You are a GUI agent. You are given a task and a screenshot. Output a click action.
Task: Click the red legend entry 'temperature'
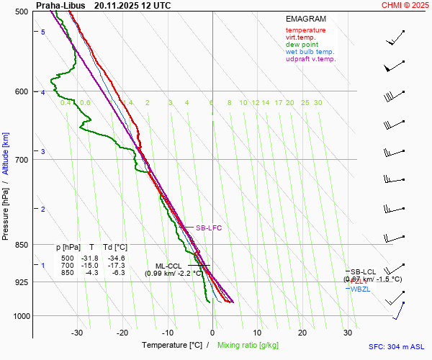pyautogui.click(x=305, y=30)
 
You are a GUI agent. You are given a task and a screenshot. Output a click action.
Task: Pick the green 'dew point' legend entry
pyautogui.click(x=302, y=45)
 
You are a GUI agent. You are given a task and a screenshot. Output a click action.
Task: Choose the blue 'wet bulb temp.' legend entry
pyautogui.click(x=310, y=52)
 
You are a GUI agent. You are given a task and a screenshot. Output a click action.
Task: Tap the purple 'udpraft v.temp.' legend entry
pyautogui.click(x=310, y=59)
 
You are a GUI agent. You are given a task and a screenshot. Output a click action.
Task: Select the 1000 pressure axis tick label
pyautogui.click(x=19, y=316)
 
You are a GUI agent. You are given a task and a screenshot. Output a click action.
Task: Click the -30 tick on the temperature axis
pyautogui.click(x=77, y=333)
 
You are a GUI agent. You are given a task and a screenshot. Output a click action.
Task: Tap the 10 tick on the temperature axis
pyautogui.click(x=257, y=333)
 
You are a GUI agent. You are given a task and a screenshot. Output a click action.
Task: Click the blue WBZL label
pyautogui.click(x=361, y=289)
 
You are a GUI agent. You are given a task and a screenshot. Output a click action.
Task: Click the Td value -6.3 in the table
pyautogui.click(x=118, y=272)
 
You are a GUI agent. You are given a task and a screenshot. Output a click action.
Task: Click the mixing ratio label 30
pyautogui.click(x=318, y=103)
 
